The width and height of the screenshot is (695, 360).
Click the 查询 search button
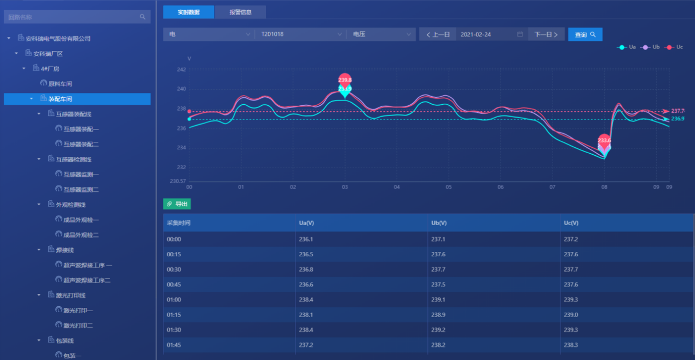point(585,34)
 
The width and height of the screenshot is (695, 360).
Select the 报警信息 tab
point(240,12)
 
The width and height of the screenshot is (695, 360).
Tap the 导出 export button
point(177,204)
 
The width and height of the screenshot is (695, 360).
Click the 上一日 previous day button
point(438,34)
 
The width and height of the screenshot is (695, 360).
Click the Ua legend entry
point(627,47)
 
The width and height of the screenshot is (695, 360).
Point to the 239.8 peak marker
point(345,80)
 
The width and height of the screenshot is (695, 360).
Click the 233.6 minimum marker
point(604,140)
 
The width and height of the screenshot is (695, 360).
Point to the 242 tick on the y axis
point(181,70)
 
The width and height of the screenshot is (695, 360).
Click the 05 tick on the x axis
point(448,187)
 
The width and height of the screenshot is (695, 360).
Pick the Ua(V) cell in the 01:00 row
point(306,300)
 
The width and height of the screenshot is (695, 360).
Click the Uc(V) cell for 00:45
point(571,285)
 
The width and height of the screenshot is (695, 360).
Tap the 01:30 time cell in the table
point(174,330)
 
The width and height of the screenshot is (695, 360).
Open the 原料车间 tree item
point(60,84)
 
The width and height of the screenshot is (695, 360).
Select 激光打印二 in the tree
point(78,326)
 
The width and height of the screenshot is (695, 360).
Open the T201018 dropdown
point(300,34)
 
